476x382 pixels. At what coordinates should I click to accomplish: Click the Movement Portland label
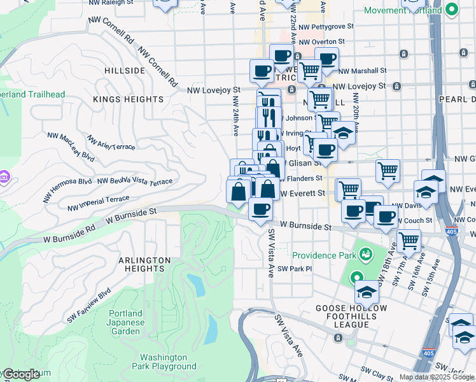click(403, 11)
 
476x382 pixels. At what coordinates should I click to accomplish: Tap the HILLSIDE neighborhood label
click(124, 71)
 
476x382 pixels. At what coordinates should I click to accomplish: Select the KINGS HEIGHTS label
click(128, 99)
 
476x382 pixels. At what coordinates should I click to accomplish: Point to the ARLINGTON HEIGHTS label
click(144, 265)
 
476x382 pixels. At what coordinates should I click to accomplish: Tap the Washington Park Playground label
click(164, 362)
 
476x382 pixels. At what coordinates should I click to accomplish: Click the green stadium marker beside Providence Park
click(366, 255)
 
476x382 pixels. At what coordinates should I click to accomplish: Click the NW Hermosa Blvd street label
click(67, 190)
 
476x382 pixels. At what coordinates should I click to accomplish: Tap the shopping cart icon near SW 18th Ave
click(408, 241)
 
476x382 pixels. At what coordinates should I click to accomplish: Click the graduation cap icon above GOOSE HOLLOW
click(367, 292)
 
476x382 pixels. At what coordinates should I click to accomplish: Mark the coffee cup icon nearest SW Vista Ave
click(259, 209)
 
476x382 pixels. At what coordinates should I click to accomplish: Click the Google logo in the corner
click(22, 374)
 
